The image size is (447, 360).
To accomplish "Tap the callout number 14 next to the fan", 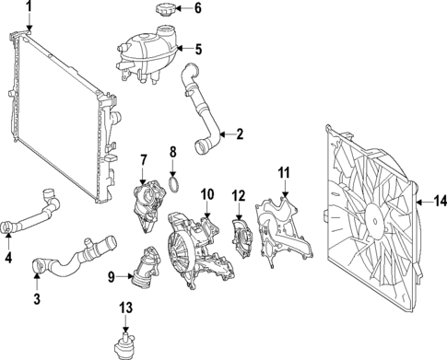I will tap(439, 200).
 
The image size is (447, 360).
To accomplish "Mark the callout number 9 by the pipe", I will tap(112, 274).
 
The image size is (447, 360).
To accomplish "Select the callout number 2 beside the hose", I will tap(239, 134).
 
